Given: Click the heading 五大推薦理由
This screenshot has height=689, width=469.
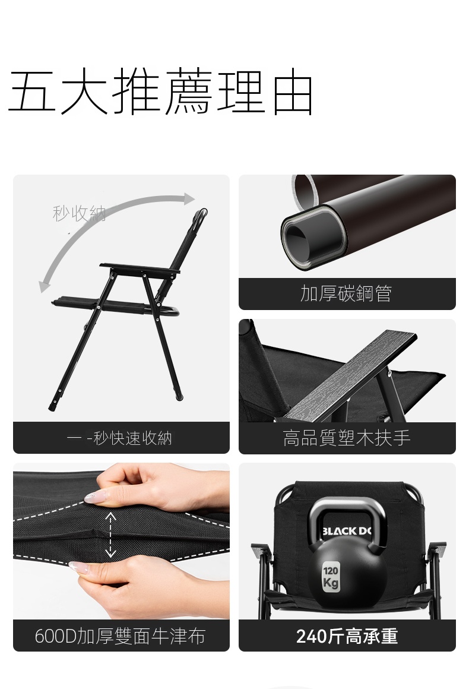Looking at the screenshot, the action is pyautogui.click(x=161, y=92).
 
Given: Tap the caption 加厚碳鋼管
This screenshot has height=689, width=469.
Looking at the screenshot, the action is pyautogui.click(x=346, y=293).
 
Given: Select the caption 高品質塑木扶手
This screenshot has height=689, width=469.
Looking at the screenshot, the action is pyautogui.click(x=347, y=438).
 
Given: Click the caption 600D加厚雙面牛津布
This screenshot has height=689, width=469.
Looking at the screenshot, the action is pyautogui.click(x=120, y=636).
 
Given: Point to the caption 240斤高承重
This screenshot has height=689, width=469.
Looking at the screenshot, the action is pyautogui.click(x=347, y=636).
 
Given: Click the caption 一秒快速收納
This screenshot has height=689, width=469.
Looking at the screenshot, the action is pyautogui.click(x=119, y=438).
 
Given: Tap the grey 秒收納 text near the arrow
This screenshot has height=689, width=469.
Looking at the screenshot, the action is pyautogui.click(x=79, y=214).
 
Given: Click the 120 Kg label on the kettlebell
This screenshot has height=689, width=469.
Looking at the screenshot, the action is pyautogui.click(x=330, y=577).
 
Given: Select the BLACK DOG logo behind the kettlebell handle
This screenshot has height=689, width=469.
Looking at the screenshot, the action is pyautogui.click(x=347, y=531).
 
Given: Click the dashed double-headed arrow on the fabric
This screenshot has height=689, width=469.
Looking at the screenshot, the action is pyautogui.click(x=110, y=535).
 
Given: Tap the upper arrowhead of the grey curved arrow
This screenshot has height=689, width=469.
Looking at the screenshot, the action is pyautogui.click(x=189, y=198).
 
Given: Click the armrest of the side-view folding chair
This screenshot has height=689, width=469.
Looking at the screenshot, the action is pyautogui.click(x=140, y=268).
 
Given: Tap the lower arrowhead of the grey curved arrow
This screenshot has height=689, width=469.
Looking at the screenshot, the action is pyautogui.click(x=44, y=286).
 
